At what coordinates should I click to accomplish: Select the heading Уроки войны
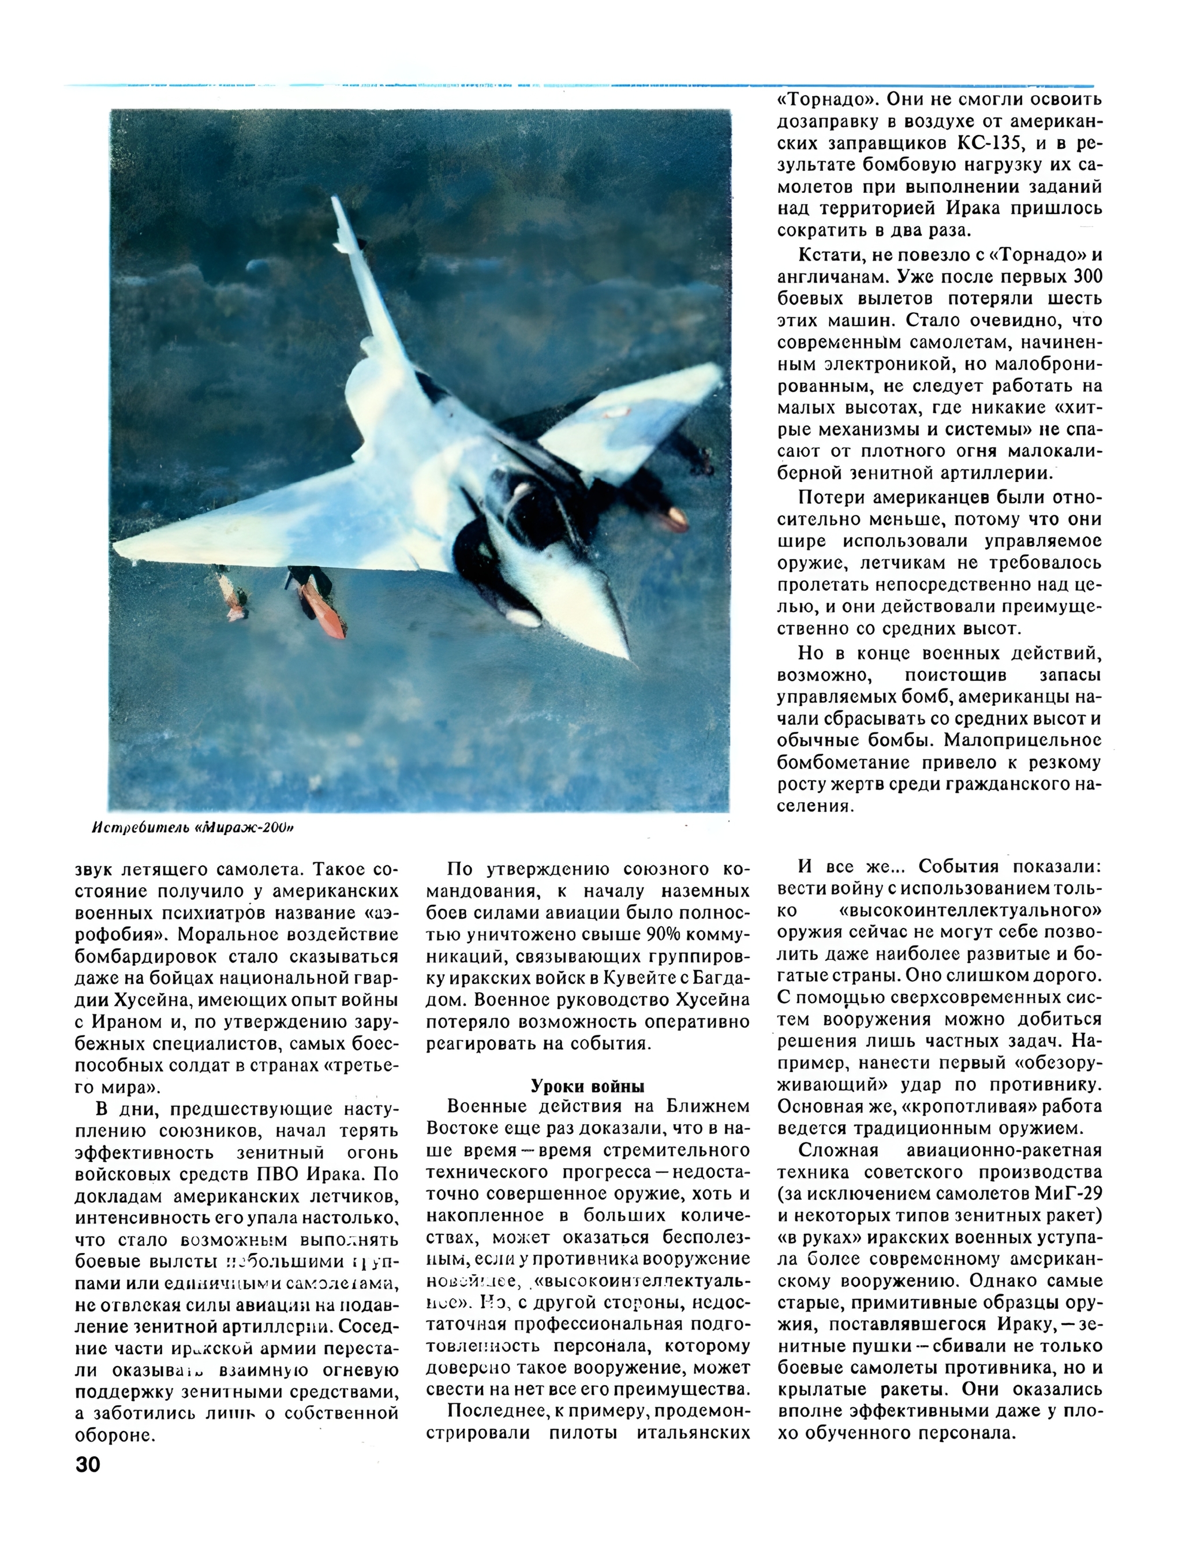click(588, 1086)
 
